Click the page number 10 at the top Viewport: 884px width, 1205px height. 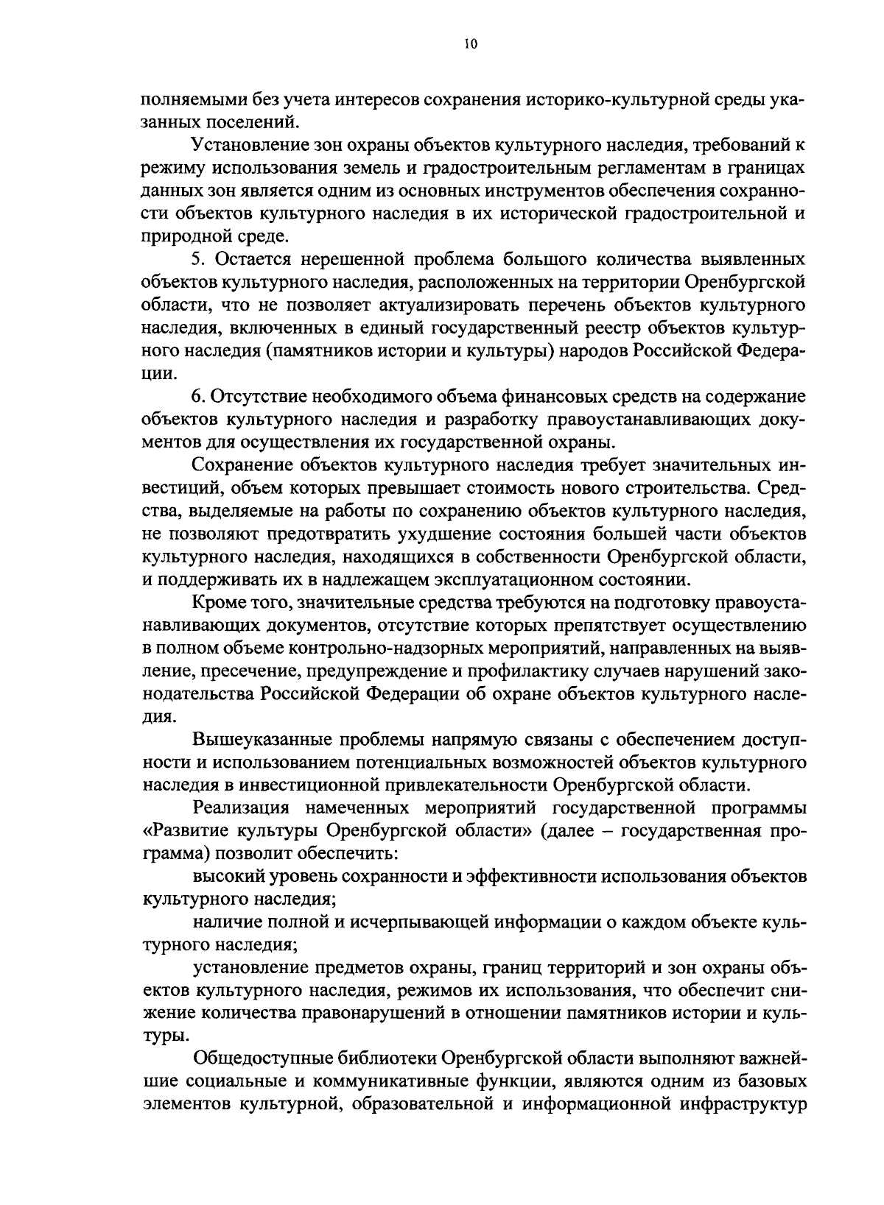point(471,45)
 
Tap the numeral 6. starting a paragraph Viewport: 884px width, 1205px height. point(198,397)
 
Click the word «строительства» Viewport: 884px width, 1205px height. point(699,487)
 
